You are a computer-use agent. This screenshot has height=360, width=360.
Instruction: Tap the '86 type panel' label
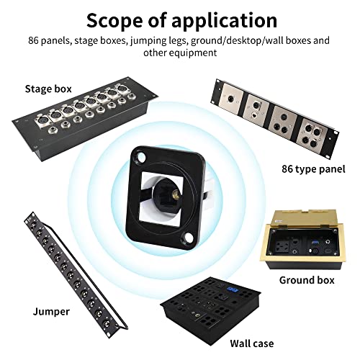point(312,170)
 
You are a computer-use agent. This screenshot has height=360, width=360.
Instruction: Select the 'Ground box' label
point(306,279)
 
